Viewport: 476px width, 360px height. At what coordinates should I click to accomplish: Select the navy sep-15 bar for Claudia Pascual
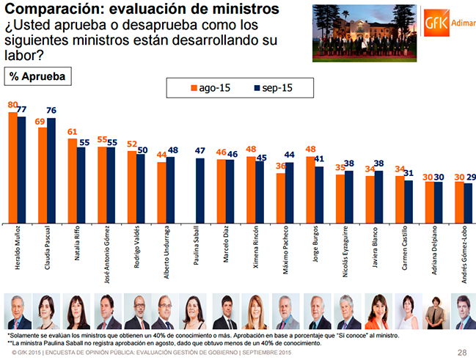[51, 169]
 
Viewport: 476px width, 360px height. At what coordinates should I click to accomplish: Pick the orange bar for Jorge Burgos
[310, 189]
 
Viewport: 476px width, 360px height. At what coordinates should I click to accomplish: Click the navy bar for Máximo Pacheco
[289, 193]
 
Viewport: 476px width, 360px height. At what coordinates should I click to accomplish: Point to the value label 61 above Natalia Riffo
[72, 133]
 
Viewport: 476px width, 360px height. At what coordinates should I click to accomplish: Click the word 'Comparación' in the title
[51, 10]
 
